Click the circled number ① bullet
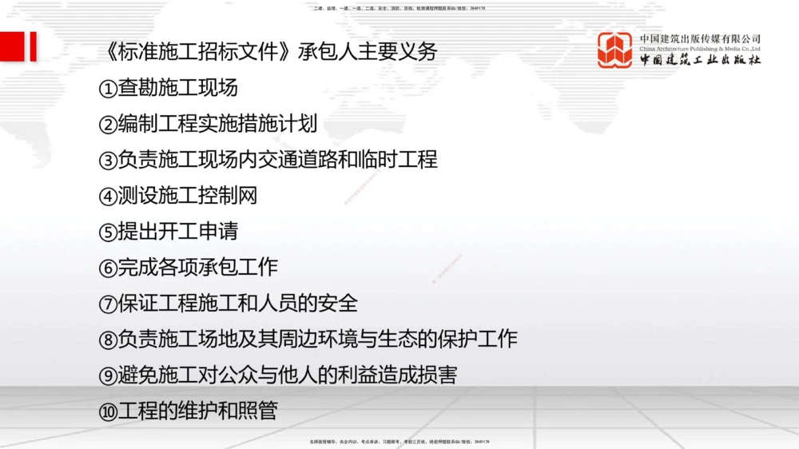pyautogui.click(x=108, y=89)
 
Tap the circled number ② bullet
pyautogui.click(x=108, y=125)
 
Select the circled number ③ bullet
pyautogui.click(x=108, y=161)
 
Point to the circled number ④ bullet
pyautogui.click(x=108, y=197)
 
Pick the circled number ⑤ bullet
pyautogui.click(x=108, y=232)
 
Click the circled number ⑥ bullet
pyautogui.click(x=108, y=268)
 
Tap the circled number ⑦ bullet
pyautogui.click(x=108, y=304)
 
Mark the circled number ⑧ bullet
pyautogui.click(x=108, y=340)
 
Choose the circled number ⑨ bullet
pyautogui.click(x=108, y=376)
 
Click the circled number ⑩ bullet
pyautogui.click(x=108, y=412)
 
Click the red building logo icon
pyautogui.click(x=615, y=50)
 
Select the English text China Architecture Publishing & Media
pyautogui.click(x=700, y=49)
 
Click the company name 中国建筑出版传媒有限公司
pyautogui.click(x=700, y=38)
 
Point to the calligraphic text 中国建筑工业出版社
pyautogui.click(x=700, y=60)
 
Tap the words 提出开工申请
pyautogui.click(x=178, y=232)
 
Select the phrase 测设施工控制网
pyautogui.click(x=188, y=196)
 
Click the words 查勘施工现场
pyautogui.click(x=178, y=88)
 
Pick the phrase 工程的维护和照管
pyautogui.click(x=197, y=411)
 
